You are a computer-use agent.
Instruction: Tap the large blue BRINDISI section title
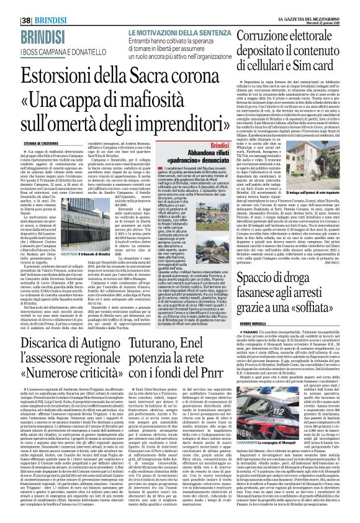pyautogui.click(x=27, y=17)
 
